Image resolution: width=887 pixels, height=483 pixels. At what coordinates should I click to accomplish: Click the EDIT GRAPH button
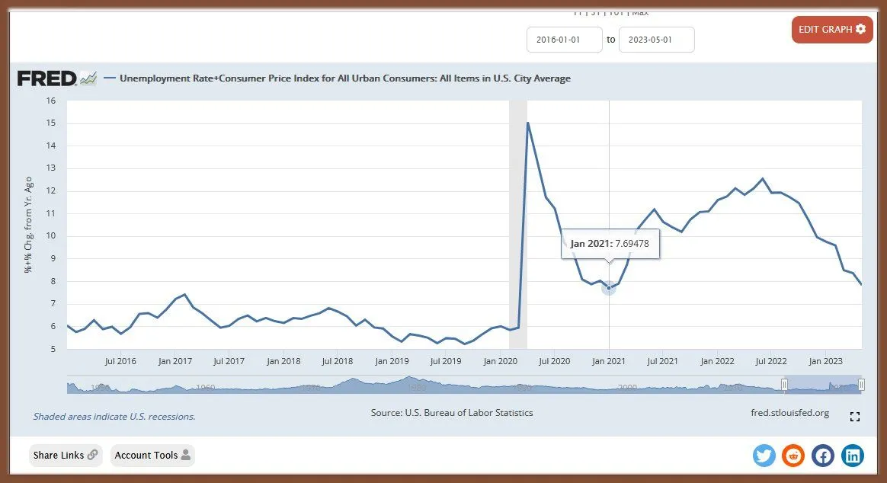831,30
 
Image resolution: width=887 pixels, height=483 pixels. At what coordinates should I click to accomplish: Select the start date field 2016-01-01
565,40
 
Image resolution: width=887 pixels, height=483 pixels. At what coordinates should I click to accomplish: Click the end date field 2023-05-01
656,40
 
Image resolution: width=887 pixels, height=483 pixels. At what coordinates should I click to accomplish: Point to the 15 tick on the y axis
51,123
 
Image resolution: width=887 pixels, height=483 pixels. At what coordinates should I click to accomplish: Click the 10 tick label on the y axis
51,236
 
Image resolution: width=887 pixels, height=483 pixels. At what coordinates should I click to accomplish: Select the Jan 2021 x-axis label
609,361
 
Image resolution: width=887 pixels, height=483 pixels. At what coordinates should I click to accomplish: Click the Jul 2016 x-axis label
120,361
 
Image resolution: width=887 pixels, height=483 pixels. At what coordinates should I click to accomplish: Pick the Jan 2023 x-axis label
825,361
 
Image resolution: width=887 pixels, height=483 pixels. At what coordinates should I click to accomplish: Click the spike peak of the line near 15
527,123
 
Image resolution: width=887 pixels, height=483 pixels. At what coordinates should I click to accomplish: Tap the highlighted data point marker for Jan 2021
609,287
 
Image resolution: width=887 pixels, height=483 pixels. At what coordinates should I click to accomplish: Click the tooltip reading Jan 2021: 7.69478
610,244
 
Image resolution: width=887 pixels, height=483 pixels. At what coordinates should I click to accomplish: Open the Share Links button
66,456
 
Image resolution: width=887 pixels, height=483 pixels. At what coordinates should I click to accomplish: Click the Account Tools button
152,456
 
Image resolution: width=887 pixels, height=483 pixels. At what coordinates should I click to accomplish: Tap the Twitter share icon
764,456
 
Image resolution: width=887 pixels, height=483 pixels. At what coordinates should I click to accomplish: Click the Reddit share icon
793,456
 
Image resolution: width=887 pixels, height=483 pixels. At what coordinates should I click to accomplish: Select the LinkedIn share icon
853,456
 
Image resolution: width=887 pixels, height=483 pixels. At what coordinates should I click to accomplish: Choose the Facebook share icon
823,456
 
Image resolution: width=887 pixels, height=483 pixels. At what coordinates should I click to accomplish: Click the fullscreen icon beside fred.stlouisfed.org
855,417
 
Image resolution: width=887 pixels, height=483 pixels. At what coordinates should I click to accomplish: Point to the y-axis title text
28,225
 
